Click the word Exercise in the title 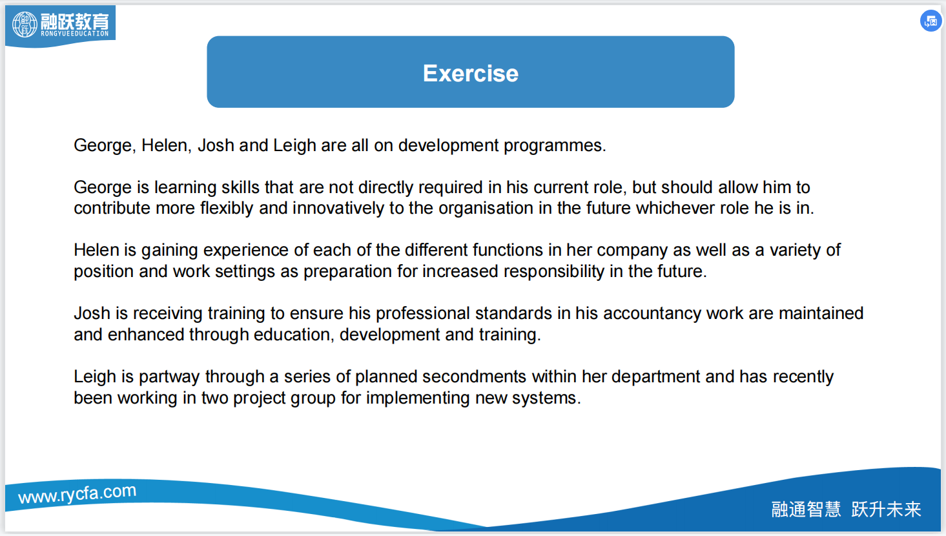tap(471, 73)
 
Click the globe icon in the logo tap(25, 24)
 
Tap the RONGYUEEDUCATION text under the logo tap(75, 34)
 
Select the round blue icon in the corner tap(931, 21)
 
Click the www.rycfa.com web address tap(77, 493)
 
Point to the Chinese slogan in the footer tap(846, 509)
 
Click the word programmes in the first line tap(555, 146)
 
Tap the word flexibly tap(227, 209)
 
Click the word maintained tap(821, 313)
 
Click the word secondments tap(474, 376)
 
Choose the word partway tap(169, 377)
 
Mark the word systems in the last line tap(546, 398)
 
